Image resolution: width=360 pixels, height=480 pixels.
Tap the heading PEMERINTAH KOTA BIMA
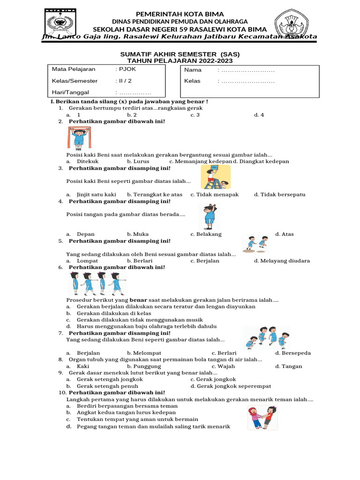180,14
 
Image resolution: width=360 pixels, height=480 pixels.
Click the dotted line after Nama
247,70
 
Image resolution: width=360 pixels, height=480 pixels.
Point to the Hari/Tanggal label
70,92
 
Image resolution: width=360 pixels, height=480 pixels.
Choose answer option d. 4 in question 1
259,115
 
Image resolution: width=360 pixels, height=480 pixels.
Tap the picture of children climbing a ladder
215,177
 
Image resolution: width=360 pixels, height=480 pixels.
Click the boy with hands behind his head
210,217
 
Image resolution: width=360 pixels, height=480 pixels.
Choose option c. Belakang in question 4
206,234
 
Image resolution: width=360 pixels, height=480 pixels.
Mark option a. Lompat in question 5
86,261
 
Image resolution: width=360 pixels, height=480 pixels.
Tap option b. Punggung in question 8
147,366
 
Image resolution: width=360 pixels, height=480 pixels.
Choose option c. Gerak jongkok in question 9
213,379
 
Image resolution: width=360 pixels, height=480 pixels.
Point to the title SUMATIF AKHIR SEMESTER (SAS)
180,54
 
